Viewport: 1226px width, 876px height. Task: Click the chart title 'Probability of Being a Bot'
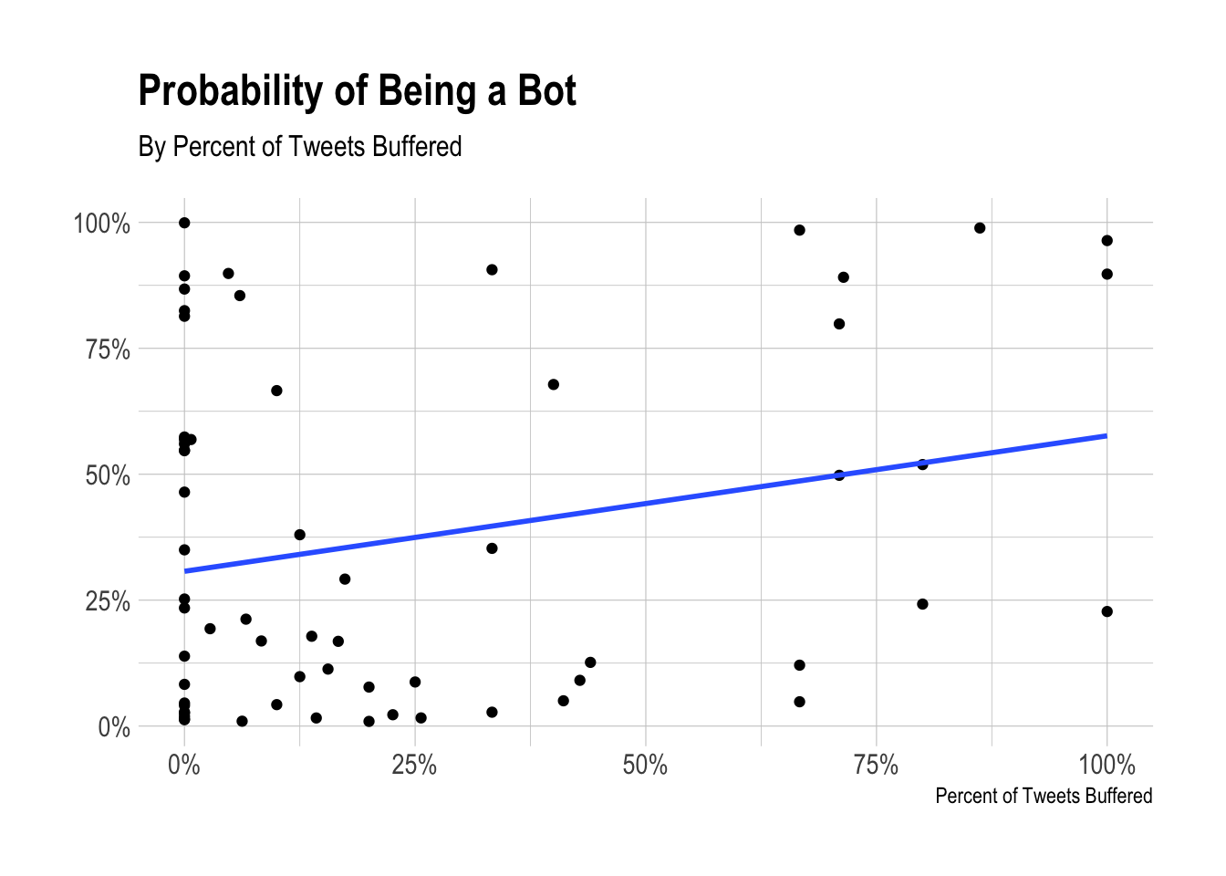pos(357,91)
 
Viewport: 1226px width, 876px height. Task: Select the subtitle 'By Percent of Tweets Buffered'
pos(300,147)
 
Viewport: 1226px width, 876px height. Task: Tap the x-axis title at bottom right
pos(1043,796)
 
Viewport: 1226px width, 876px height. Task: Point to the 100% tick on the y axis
pos(102,224)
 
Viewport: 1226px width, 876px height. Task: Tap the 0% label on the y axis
pos(114,727)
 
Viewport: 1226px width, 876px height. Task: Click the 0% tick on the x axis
pos(184,765)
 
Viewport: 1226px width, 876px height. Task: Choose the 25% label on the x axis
pos(414,765)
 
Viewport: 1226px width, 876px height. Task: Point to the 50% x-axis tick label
pos(645,765)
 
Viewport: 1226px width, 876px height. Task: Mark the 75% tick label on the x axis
pos(876,765)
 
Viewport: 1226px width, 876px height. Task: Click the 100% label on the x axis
pos(1107,765)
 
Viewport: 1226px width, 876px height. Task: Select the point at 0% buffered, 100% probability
pos(184,223)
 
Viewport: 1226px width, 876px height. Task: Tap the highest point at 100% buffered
pos(1107,241)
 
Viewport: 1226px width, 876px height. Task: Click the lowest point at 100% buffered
pos(1107,611)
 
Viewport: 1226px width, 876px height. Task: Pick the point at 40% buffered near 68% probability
pos(553,384)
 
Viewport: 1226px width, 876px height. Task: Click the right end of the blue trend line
pos(1106,435)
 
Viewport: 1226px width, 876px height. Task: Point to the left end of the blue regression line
pos(185,571)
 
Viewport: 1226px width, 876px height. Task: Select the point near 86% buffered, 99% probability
pos(980,228)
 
